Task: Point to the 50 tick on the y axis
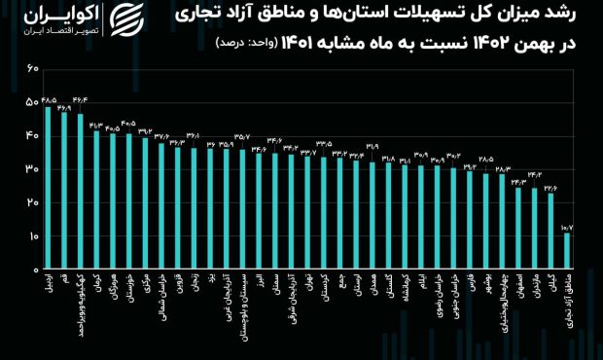tap(33, 102)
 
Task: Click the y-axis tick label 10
tap(33, 236)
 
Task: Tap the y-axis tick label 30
tap(33, 169)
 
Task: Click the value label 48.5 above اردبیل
tap(49, 99)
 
